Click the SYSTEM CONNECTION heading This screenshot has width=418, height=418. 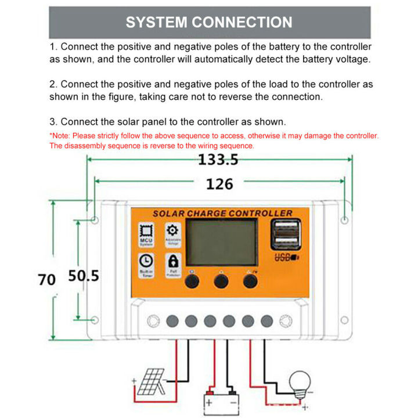tap(209, 23)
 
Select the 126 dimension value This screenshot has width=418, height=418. tap(219, 184)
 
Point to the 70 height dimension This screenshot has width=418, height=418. tap(46, 280)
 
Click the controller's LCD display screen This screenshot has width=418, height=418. tap(224, 242)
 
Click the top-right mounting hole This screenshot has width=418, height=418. tap(344, 220)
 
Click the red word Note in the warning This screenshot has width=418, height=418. tap(60, 135)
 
